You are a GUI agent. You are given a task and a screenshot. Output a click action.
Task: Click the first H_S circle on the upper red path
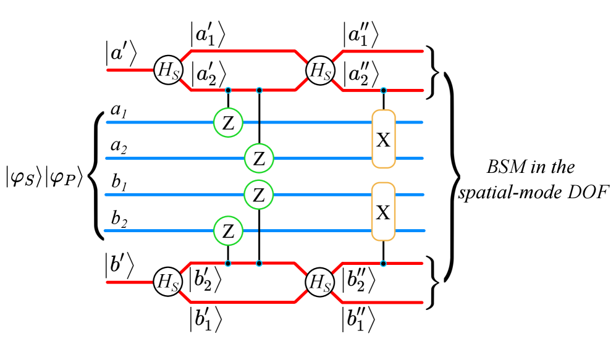coord(168,70)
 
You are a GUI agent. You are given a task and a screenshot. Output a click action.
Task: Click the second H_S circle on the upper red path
coord(320,70)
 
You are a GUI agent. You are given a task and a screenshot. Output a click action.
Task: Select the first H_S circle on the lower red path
coord(167,282)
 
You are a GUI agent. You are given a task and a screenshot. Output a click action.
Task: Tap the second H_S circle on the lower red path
coord(319,282)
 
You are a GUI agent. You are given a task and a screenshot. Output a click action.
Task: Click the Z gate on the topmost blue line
coord(228,122)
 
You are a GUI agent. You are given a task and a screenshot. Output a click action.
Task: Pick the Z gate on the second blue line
coord(259,159)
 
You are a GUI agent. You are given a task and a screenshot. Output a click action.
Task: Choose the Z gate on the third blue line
coord(259,195)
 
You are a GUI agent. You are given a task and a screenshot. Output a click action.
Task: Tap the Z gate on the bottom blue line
coord(228,231)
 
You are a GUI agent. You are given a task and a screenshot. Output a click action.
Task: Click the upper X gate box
coord(383,139)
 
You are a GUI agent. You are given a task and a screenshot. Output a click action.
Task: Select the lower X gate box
coord(383,212)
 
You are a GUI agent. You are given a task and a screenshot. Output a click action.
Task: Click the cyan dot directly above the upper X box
coord(383,91)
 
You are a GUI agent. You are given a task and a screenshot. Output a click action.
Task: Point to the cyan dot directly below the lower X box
coord(383,264)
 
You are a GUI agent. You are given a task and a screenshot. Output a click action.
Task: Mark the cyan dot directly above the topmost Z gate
coord(228,90)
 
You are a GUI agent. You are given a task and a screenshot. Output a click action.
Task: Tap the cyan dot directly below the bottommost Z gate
coord(228,264)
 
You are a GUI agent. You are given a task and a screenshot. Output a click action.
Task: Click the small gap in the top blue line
coord(259,122)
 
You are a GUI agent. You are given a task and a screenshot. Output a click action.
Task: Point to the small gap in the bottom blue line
coord(259,231)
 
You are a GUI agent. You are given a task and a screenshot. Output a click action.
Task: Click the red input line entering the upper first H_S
coord(130,70)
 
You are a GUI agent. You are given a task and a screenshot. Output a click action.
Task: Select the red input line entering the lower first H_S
coord(130,282)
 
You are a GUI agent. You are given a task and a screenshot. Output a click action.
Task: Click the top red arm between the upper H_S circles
coord(243,51)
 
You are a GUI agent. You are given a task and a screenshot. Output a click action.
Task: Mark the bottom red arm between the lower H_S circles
coord(243,302)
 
